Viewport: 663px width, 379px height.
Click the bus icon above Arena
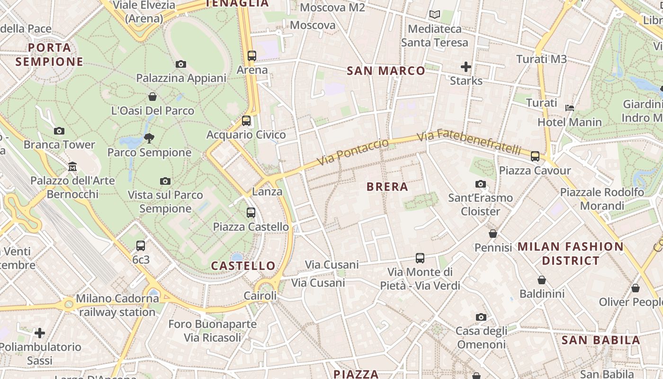[252, 55]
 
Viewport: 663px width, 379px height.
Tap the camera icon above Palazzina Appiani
[181, 64]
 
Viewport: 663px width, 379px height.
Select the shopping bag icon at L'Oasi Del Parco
[152, 97]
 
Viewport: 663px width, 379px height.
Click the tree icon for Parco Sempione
[149, 138]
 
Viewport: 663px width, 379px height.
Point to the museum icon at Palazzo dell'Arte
[72, 166]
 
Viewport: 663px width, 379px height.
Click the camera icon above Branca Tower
[59, 131]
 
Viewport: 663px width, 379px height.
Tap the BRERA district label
[387, 187]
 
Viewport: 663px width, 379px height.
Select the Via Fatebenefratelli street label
[468, 142]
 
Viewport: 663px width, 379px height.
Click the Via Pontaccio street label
[352, 152]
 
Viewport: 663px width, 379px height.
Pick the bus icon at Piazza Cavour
[535, 156]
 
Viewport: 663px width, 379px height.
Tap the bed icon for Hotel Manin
[570, 108]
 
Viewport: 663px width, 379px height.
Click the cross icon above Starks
[466, 67]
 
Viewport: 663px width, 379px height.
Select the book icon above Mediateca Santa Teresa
[434, 15]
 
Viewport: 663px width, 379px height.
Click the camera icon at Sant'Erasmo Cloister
[481, 184]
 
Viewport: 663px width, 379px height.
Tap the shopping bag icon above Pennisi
[493, 234]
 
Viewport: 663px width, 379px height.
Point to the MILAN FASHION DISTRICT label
[570, 253]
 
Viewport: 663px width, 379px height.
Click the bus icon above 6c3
[141, 246]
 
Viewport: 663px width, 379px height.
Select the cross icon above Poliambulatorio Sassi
[40, 333]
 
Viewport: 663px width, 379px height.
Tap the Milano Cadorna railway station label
[117, 305]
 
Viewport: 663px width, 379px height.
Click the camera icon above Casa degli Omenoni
[481, 317]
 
